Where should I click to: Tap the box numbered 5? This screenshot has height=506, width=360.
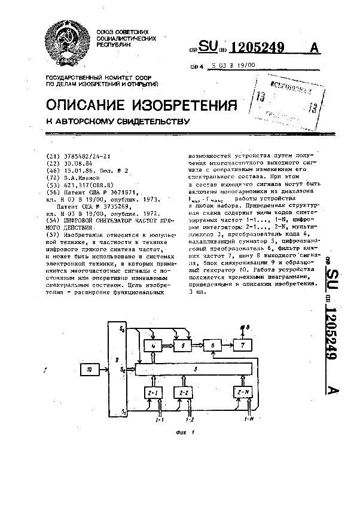point(182,346)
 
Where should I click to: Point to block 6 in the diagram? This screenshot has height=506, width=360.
point(211,346)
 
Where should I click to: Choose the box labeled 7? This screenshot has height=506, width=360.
point(241,346)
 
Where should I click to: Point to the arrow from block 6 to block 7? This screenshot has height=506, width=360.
point(225,346)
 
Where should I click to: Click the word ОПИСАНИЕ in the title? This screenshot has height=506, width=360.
point(87,106)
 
